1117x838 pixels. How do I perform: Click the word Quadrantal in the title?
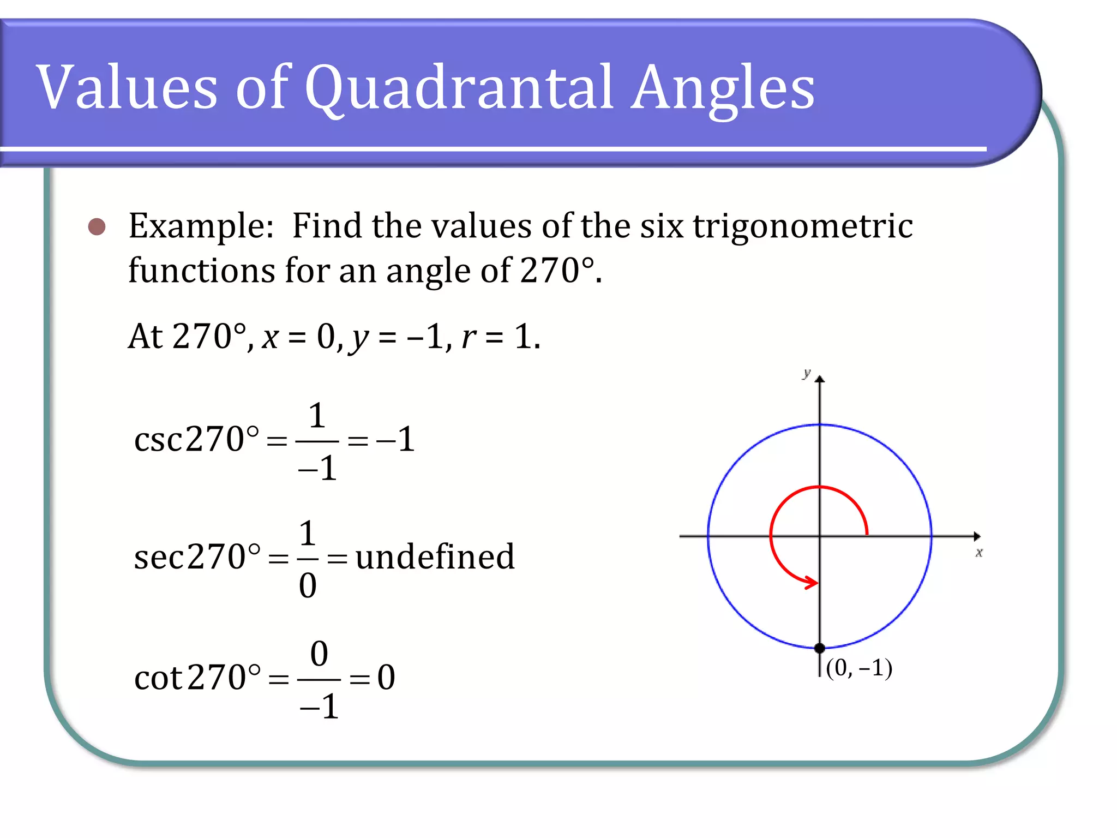tap(458, 87)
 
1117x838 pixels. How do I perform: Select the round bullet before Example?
tap(97, 226)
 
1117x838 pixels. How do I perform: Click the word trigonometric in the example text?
tap(803, 227)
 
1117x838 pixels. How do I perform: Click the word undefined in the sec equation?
tap(435, 557)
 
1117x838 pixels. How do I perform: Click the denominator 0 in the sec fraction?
tap(308, 586)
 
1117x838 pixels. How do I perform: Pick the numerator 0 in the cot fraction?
tap(319, 654)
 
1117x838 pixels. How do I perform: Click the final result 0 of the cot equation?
tap(386, 678)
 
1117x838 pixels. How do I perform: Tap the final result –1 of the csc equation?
tap(396, 439)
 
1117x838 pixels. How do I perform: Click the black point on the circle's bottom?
tap(819, 648)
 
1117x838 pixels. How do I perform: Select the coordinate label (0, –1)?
tap(859, 668)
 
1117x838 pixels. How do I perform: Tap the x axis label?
tap(979, 553)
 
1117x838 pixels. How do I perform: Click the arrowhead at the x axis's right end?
tap(977, 536)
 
